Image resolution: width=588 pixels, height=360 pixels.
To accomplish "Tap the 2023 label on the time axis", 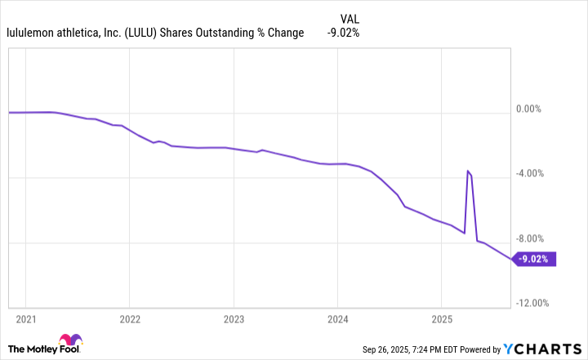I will point(234,318).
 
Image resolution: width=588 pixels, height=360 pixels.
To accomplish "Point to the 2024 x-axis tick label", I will point(337,318).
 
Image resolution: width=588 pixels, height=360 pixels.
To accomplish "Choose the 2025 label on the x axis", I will point(441,318).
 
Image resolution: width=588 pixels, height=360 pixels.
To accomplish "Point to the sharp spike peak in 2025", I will point(468,171).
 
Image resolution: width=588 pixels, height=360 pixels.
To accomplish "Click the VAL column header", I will point(349,18).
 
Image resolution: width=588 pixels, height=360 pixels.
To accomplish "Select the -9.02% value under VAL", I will point(343,33).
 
